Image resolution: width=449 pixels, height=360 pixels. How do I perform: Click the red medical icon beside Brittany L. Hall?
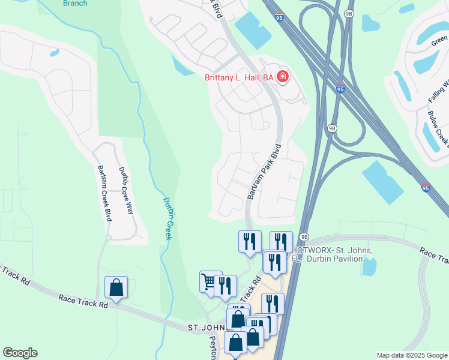pos(283,77)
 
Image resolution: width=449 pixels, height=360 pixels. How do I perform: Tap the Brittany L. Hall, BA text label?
pos(239,77)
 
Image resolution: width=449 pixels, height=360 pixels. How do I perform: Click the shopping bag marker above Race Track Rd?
pos(116,287)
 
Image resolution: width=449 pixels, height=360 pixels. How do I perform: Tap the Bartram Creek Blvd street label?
pos(104,194)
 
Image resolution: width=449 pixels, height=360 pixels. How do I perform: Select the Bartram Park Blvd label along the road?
pos(264,172)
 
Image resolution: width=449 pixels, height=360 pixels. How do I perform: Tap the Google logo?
pos(20,353)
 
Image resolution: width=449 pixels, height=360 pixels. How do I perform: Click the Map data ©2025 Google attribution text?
pos(412,355)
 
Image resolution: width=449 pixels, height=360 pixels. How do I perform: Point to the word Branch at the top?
pos(75,4)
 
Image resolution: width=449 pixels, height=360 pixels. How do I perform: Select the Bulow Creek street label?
pos(438,129)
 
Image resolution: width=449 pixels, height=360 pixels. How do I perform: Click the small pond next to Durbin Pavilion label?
pos(369,266)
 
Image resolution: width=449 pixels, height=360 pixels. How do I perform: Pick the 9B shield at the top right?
pos(349,13)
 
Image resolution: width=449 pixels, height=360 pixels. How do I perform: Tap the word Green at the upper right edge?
pos(439,43)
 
